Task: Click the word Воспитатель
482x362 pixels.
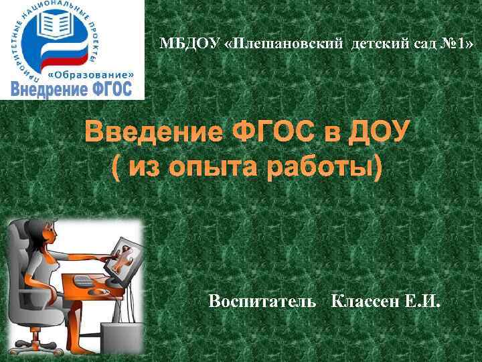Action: click(x=262, y=301)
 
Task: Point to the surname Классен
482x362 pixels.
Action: click(x=366, y=301)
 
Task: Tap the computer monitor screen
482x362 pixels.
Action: click(x=129, y=258)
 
